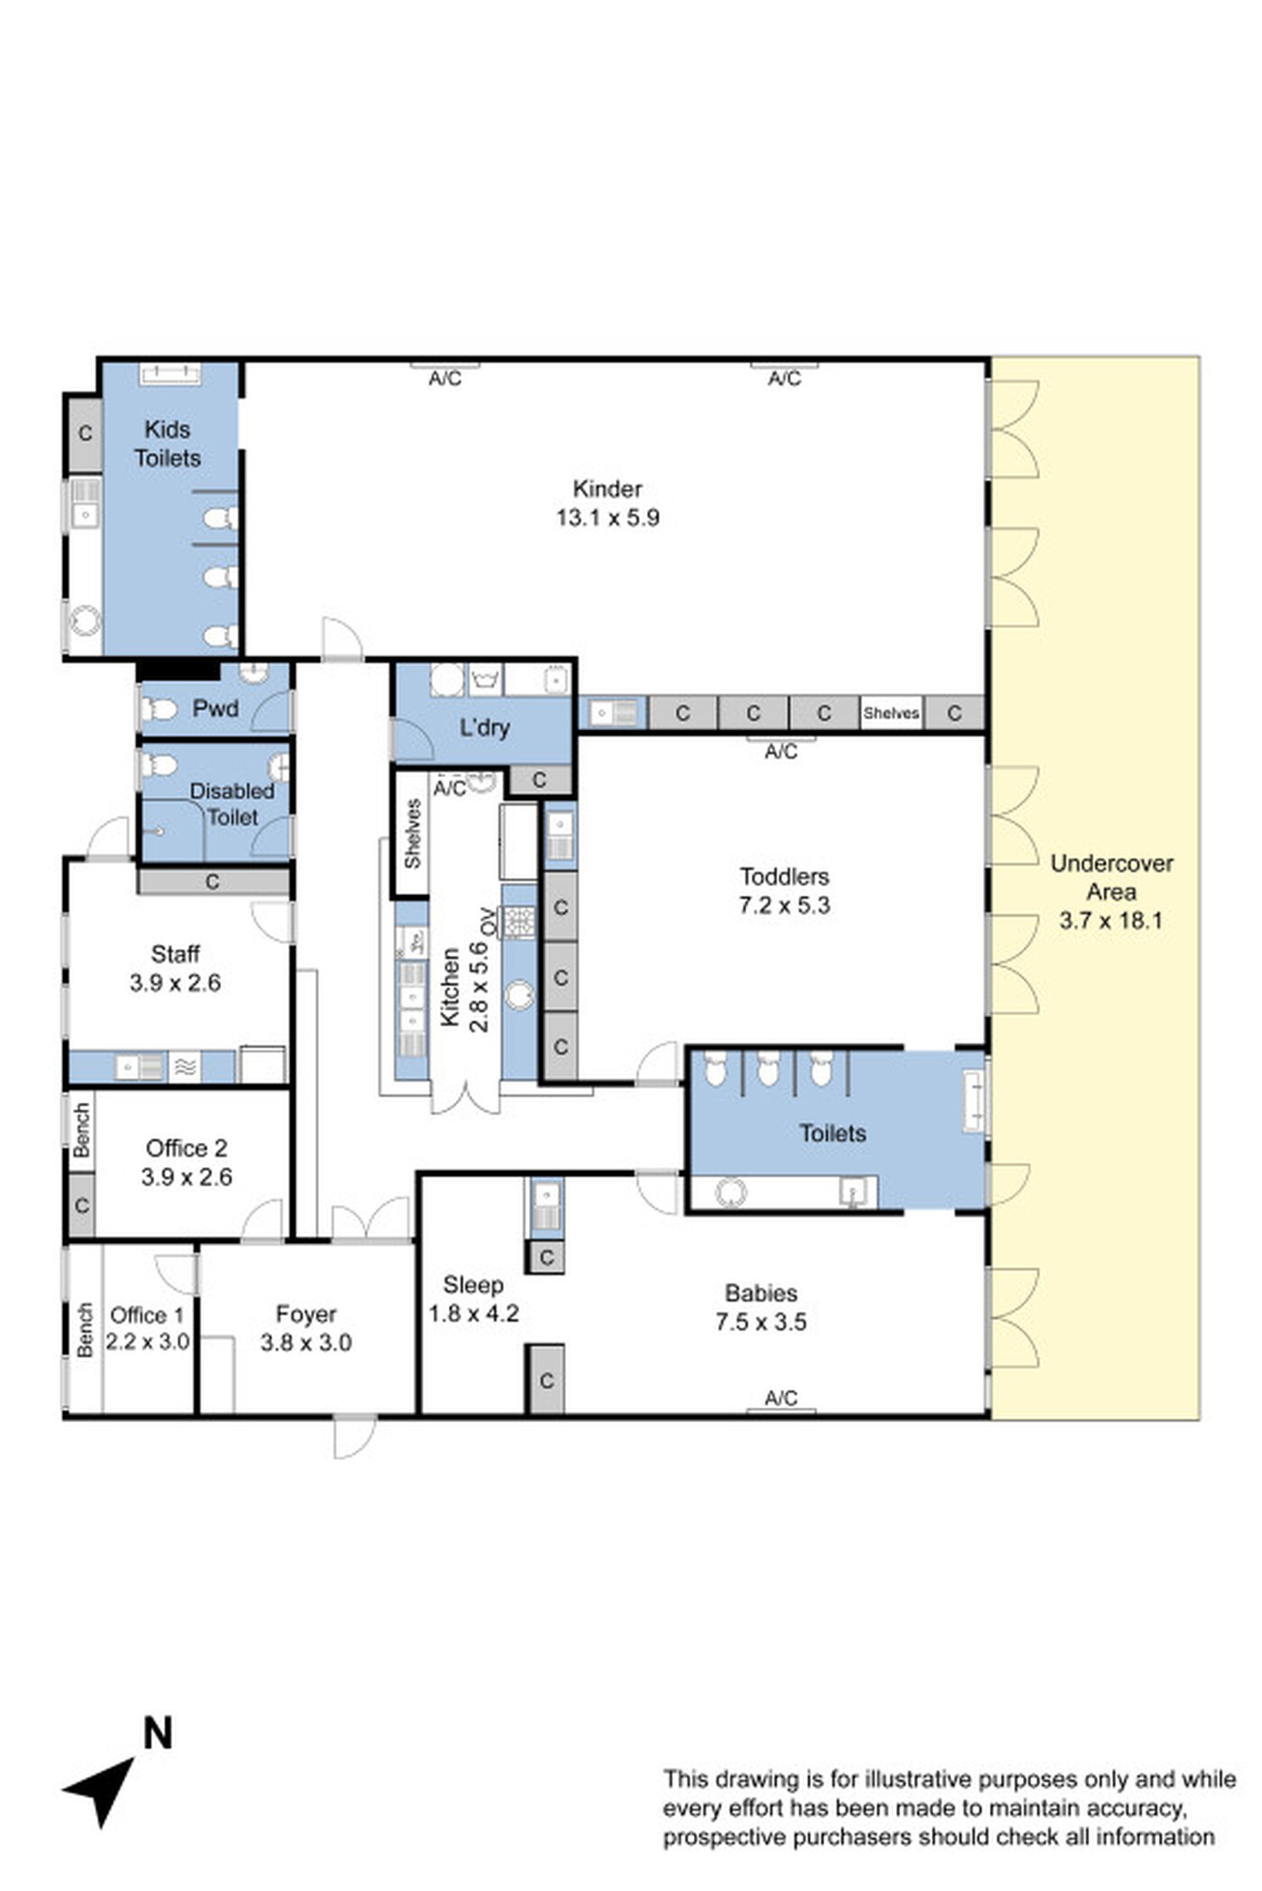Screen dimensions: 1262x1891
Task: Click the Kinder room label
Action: tap(608, 489)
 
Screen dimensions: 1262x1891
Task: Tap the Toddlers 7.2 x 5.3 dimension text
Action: tap(784, 906)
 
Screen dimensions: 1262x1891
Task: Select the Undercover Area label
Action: tap(1111, 877)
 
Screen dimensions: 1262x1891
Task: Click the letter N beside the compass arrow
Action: tap(157, 1733)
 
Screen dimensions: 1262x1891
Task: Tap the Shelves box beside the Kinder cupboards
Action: tap(891, 712)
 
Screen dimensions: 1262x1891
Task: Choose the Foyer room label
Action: tap(306, 1314)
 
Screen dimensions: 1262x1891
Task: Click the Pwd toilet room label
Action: tap(215, 708)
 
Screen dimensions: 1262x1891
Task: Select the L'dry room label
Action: tap(485, 727)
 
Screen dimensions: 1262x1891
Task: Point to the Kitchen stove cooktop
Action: tap(518, 922)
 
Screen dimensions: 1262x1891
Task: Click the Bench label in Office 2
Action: tap(81, 1130)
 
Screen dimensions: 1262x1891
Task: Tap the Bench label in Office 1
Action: tap(84, 1329)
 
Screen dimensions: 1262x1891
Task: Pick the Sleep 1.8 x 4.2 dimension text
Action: tap(473, 1314)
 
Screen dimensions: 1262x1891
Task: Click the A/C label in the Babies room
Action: tap(781, 1398)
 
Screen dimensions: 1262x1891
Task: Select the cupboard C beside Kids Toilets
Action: tap(85, 434)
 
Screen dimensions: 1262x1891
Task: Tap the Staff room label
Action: tap(175, 954)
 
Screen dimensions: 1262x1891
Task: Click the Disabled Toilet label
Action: tap(232, 804)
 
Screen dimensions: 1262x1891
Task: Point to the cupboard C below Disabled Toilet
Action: tap(213, 882)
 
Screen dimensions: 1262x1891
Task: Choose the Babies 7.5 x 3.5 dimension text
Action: tap(761, 1322)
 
